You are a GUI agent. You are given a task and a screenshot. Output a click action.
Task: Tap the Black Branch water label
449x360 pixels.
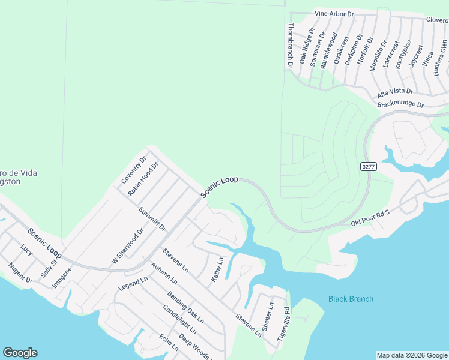tap(351, 299)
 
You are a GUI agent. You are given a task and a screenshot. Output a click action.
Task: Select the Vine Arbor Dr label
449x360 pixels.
tap(334, 13)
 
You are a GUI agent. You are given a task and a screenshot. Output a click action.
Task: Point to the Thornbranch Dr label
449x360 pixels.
tap(291, 44)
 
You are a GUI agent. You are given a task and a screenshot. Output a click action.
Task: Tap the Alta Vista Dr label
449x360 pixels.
tap(395, 92)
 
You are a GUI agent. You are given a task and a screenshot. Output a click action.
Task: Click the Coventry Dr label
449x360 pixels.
tap(134, 170)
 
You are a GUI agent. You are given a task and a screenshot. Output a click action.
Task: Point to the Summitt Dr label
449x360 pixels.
tap(151, 219)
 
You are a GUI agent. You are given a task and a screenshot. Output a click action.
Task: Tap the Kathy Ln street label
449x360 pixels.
tap(217, 270)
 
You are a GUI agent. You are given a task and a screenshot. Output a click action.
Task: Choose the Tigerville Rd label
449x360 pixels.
tap(283, 325)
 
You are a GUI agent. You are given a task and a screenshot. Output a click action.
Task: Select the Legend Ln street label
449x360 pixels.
tap(133, 284)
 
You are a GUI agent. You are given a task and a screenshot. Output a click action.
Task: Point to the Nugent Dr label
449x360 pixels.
tap(20, 272)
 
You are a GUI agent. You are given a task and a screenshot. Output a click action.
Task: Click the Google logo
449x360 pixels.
tap(20, 353)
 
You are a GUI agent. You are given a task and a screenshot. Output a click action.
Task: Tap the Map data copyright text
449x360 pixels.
tap(411, 355)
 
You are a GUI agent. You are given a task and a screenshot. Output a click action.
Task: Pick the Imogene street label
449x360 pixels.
tap(62, 277)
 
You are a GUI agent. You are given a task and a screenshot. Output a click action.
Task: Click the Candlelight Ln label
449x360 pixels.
tap(179, 319)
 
